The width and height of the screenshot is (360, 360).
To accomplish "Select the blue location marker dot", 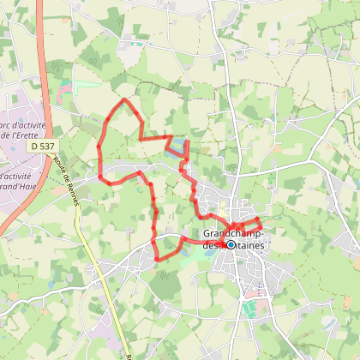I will coord(230,244).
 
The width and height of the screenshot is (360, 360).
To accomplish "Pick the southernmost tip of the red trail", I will coord(156,260).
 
